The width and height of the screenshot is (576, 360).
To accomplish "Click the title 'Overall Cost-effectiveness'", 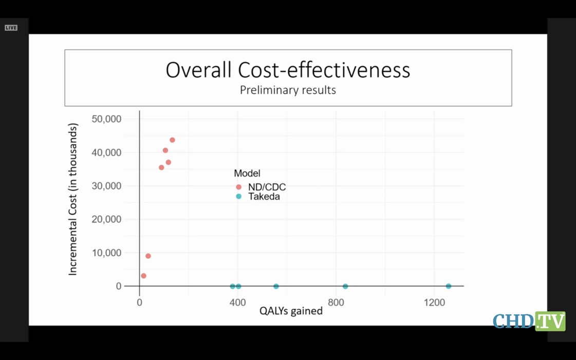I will coord(288,70).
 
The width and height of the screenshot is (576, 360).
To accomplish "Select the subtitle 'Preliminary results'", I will coord(288,90).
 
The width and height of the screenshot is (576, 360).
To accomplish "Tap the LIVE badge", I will coord(11,28).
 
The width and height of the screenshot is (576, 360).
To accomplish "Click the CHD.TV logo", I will coord(529,321).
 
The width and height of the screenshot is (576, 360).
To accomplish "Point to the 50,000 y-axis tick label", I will coord(106,119).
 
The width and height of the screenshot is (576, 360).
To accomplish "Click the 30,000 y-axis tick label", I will coord(106,186).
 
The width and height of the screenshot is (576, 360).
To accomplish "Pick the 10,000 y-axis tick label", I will coord(106,253).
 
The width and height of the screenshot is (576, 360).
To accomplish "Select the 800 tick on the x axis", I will coord(336,302).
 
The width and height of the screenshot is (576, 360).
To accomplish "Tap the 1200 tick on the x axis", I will coord(434,302).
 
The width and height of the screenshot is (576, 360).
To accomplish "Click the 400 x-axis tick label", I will coord(237,302).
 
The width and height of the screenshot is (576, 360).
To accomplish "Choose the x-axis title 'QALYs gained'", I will coord(291,311).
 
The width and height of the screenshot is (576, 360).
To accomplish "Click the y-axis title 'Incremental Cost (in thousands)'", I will coord(73,199).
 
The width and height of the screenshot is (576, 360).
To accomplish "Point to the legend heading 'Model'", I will coord(247,174).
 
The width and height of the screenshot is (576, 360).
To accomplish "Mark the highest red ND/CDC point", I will coord(173,140).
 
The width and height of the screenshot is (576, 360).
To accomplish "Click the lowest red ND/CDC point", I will coord(143,276).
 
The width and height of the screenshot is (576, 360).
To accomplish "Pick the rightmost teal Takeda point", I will coord(449,286).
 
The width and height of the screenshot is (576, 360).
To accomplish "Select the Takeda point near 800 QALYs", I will coord(345,286).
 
